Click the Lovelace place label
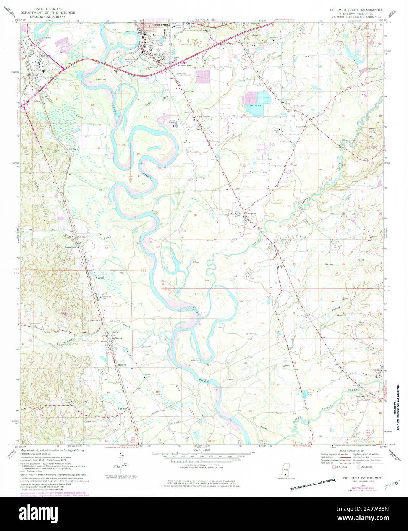tap(73, 149)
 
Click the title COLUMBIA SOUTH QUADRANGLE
tap(350, 8)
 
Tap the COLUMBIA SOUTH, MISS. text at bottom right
tap(363, 478)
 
